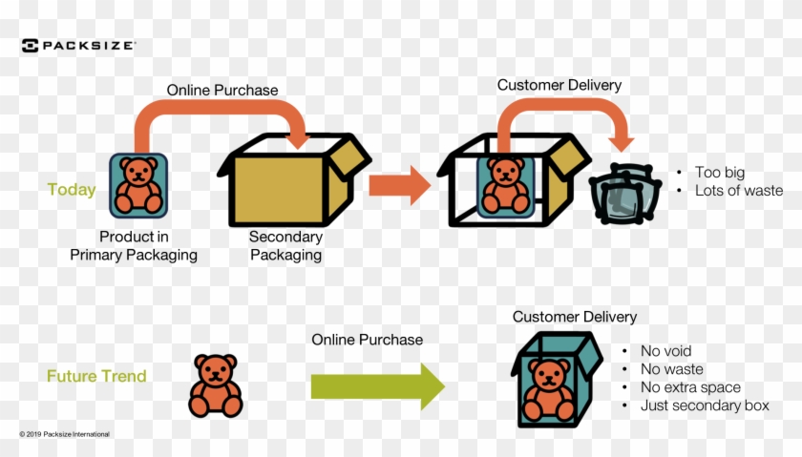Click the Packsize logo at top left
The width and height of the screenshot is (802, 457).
tap(78, 45)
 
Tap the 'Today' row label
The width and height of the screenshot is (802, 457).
tap(72, 190)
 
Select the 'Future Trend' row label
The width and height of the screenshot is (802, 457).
tap(96, 376)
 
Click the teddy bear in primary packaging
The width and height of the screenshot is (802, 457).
tap(137, 184)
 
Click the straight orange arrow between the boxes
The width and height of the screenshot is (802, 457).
tap(399, 185)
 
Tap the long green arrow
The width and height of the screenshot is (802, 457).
tap(378, 386)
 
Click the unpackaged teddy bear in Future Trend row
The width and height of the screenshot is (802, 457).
tap(216, 385)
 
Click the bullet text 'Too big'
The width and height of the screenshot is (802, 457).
tap(720, 173)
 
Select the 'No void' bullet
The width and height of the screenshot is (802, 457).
tap(666, 351)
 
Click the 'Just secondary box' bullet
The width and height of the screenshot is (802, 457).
tap(705, 406)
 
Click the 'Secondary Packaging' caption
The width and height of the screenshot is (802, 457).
tap(285, 246)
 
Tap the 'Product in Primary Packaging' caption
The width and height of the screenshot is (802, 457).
tap(134, 245)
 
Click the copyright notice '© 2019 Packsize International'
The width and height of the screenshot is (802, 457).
tap(65, 434)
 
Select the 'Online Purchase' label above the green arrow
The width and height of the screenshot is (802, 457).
tap(367, 339)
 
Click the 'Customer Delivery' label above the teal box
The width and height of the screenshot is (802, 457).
tap(575, 317)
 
